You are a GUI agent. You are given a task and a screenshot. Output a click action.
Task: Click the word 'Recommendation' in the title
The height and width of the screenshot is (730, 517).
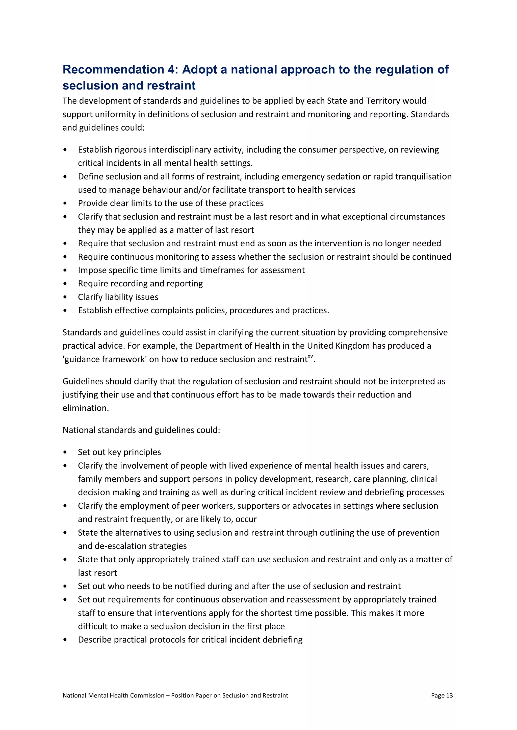pyautogui.click(x=113, y=70)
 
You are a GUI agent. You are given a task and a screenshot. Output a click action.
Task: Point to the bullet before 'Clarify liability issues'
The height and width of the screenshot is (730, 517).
pyautogui.click(x=65, y=297)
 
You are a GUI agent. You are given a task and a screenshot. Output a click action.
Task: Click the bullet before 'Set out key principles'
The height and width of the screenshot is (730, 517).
pyautogui.click(x=65, y=452)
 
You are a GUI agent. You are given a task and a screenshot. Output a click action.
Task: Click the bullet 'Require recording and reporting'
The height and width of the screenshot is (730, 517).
pyautogui.click(x=140, y=283)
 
